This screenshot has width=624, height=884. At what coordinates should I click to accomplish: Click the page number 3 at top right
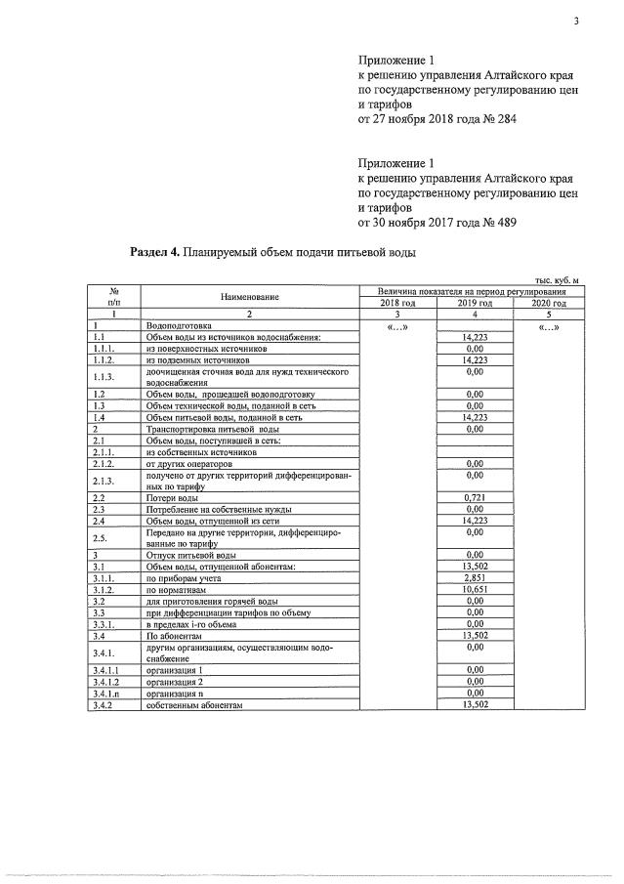(576, 25)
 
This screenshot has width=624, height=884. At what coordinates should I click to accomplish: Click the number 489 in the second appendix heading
(503, 223)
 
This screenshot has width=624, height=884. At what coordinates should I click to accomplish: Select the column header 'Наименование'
(249, 297)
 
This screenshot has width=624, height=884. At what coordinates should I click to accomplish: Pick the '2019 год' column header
(476, 304)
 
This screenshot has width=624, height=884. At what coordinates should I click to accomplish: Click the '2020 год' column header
(548, 304)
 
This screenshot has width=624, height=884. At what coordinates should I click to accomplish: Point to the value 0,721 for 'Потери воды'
(476, 497)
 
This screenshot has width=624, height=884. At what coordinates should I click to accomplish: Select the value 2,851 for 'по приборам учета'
(476, 578)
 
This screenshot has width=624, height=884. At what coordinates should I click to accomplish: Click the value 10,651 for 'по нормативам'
(476, 589)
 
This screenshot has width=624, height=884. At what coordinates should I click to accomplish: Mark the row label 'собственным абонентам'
(193, 704)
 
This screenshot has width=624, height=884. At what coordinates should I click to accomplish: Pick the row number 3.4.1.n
(104, 694)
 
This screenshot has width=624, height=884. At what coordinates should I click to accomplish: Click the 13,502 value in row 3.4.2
(476, 704)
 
